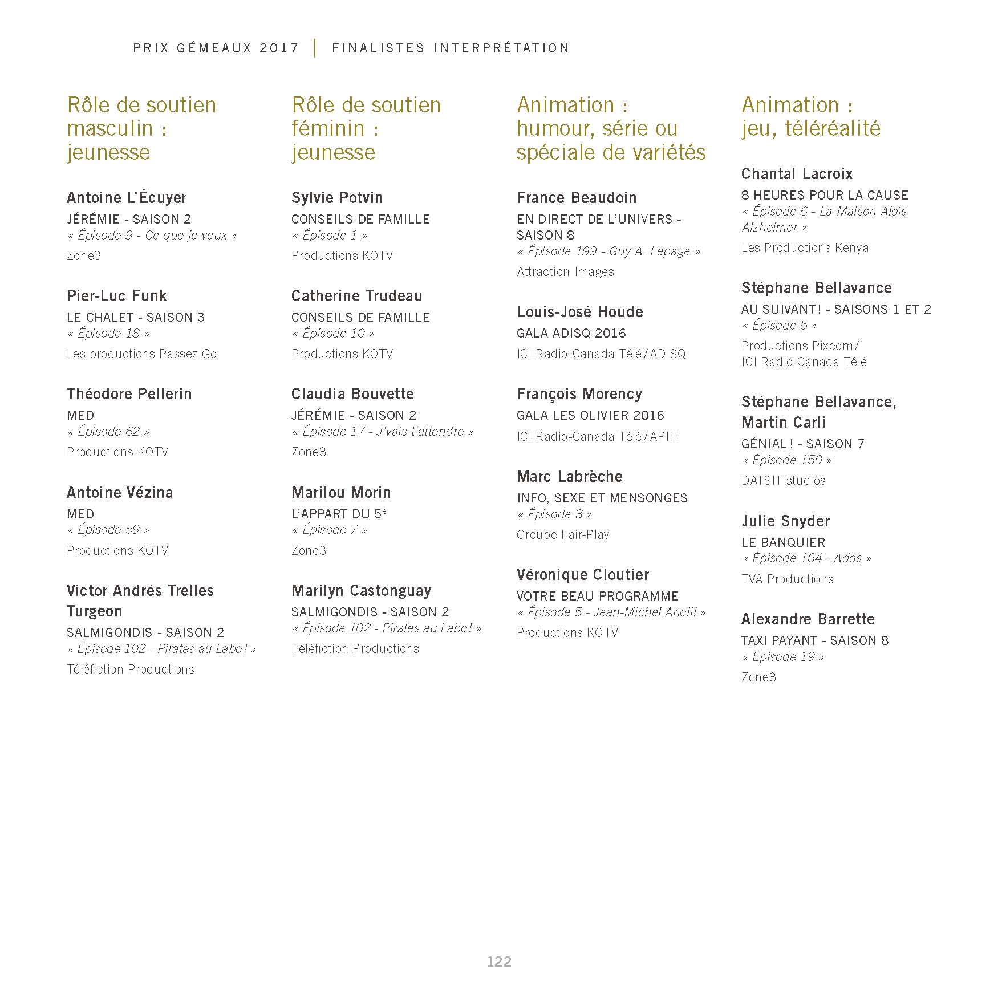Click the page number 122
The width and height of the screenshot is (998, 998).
pos(499,962)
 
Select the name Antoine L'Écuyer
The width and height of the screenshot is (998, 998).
pos(127,198)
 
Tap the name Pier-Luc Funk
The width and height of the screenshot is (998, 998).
pos(117,296)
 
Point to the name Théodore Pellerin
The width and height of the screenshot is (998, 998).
pos(129,394)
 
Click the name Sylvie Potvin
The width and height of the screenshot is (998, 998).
pos(337,198)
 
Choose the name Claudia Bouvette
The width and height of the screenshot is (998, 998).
pos(352,394)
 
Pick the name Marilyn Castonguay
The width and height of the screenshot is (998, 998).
pos(361,591)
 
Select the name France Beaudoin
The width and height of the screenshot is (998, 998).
pos(577,198)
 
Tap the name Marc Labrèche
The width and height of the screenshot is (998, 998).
pos(570,477)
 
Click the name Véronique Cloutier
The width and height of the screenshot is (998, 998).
pos(583,575)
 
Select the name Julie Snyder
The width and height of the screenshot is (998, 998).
pos(785,521)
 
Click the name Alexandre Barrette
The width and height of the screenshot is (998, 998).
pos(808,619)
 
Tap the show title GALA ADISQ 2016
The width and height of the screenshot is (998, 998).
pos(571,333)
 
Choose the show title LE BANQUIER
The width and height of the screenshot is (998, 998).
pos(783,542)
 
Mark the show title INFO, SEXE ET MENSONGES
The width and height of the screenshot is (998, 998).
pos(602,498)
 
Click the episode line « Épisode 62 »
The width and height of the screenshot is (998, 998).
pos(108,432)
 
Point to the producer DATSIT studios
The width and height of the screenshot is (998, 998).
pos(783,481)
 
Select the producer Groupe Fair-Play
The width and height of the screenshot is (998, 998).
pos(563,535)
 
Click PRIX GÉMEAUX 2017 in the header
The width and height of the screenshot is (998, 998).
pos(216,48)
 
